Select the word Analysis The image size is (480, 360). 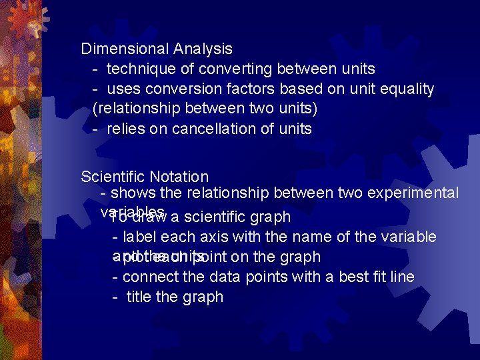pyautogui.click(x=203, y=49)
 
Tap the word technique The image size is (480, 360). pyautogui.click(x=138, y=69)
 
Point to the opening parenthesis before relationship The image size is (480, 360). pyautogui.click(x=95, y=109)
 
